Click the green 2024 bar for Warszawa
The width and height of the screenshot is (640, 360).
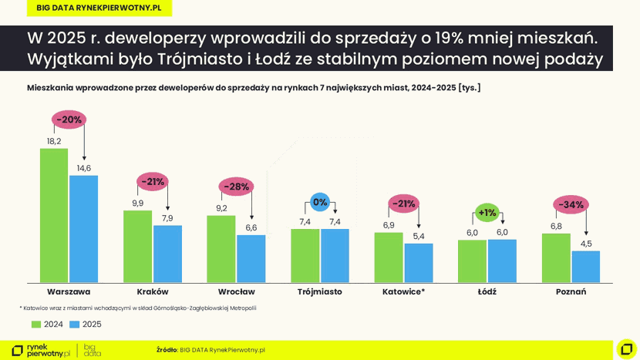tap(54, 215)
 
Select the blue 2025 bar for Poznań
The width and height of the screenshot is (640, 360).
tap(585, 267)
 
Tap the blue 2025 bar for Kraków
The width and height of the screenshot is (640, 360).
tap(167, 254)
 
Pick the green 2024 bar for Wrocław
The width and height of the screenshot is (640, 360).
tap(221, 249)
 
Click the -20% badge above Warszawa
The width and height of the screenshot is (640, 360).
tap(69, 119)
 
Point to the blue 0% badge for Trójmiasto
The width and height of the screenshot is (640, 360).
tap(320, 202)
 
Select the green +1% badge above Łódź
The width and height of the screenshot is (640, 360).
tap(487, 213)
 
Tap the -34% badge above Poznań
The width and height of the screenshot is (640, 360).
tap(571, 204)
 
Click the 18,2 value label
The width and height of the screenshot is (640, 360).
tap(54, 141)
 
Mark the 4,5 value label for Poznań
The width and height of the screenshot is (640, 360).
tap(586, 244)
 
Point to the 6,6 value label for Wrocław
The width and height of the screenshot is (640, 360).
tap(251, 227)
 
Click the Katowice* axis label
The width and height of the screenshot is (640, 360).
tap(403, 292)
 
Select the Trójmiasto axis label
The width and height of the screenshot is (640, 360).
tap(320, 292)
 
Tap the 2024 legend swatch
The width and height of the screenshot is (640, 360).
tap(36, 325)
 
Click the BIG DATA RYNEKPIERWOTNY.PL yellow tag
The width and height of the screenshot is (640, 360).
tap(99, 8)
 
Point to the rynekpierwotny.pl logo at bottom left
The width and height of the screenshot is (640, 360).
tap(40, 350)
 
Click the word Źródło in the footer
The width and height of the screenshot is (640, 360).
tap(167, 350)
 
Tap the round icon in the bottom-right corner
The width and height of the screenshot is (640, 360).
tap(626, 349)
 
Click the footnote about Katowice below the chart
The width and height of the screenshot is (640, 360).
tap(138, 308)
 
